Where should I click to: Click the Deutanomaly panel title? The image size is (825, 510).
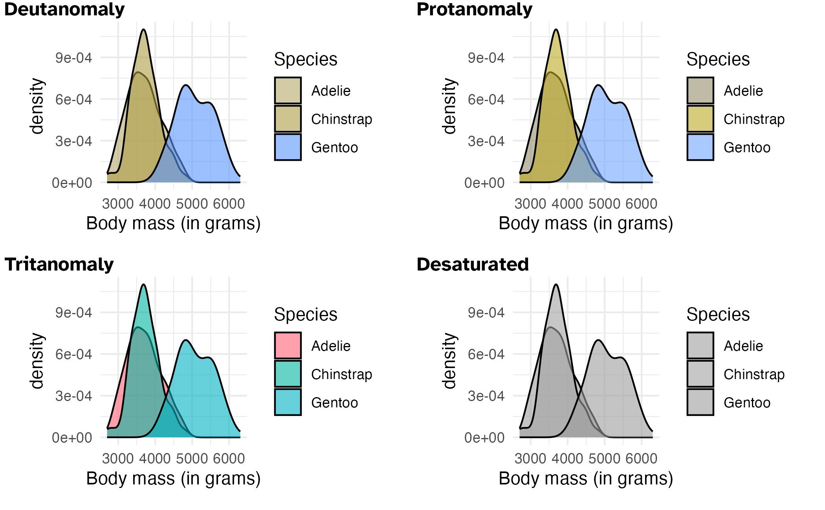coord(64,9)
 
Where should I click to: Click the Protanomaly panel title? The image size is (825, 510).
coord(474,9)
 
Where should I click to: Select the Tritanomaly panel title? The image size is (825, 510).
coord(59,264)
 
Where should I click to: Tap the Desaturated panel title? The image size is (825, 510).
coord(473,264)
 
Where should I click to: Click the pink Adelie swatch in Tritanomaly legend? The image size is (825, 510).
coord(288,346)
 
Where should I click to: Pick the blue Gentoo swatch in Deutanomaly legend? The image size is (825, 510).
coord(288,147)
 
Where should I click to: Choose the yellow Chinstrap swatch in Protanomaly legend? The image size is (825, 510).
coord(700,119)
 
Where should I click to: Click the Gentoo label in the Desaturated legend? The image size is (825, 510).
coord(747,403)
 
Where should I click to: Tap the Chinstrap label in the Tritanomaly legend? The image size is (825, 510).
coord(341,374)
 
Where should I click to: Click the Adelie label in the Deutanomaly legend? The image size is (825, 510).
coord(331,91)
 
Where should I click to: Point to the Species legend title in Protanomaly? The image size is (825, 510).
coord(718,59)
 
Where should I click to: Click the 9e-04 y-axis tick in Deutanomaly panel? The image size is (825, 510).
coord(74,58)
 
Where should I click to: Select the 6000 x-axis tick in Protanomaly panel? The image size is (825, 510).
coord(641,204)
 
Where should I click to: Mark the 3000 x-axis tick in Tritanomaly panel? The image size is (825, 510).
coord(118,458)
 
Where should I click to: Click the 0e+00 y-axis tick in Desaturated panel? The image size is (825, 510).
coord(484,438)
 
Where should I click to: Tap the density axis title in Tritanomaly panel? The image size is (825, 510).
coord(37,361)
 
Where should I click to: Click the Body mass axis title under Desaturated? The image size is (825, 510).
coord(586,479)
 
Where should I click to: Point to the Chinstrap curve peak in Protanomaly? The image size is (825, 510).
coord(556,30)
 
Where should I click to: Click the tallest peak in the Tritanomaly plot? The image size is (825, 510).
coord(144,285)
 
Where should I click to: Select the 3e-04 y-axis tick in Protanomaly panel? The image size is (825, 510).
coord(486,141)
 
